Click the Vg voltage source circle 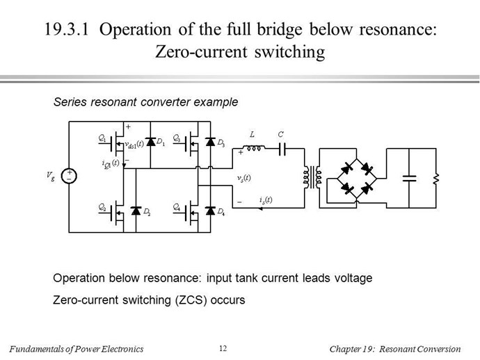coord(69,176)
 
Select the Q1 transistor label coord(102,138)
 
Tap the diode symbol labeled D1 coord(150,142)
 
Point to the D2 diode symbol coord(136,211)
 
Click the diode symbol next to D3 coord(210,142)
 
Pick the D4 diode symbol coord(210,211)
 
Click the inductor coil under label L coord(254,148)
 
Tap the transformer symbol coord(312,177)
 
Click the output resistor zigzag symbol coord(436,179)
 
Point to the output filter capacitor coord(409,179)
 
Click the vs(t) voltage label coord(243,178)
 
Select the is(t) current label coord(266,200)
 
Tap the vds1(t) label coord(134,145)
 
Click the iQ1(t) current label coord(110,163)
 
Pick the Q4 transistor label coord(177,207)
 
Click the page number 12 coord(223,348)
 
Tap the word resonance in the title coord(398,30)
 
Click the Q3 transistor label coord(177,138)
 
